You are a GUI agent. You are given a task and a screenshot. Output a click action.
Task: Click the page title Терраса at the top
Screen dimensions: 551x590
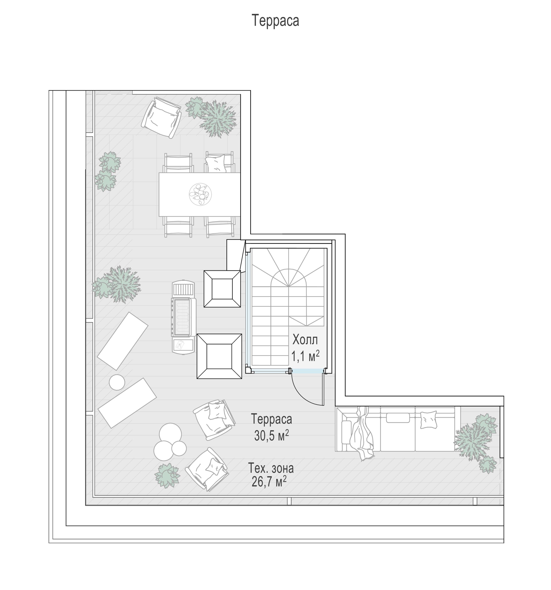(275, 21)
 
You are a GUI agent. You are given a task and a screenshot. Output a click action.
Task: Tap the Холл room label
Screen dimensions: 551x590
(305, 340)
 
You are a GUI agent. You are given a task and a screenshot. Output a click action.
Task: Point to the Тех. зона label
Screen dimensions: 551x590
(271, 468)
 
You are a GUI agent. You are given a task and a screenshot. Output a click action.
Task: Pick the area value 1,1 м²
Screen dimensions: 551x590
(305, 356)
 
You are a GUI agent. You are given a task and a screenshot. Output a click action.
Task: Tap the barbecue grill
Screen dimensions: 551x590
(183, 317)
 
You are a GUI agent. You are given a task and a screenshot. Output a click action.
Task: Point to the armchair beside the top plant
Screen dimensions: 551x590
(161, 118)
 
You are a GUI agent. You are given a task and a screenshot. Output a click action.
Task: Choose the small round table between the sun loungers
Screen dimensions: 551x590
(117, 383)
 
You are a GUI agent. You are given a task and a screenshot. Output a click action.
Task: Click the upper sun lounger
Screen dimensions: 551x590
(122, 341)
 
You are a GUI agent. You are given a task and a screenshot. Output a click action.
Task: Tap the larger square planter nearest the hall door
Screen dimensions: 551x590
(219, 356)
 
